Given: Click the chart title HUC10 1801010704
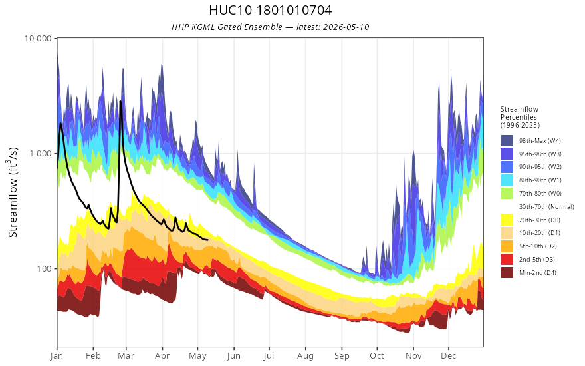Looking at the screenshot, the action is click(270, 10).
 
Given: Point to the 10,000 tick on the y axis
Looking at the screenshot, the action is click(38, 38).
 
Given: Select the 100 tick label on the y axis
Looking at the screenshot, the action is click(44, 269).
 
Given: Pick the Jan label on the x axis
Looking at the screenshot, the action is click(57, 356).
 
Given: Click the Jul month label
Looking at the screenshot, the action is click(269, 356).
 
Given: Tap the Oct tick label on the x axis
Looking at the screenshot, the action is click(377, 356).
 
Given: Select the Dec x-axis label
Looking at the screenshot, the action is click(449, 356).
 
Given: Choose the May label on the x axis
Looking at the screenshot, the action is click(197, 356).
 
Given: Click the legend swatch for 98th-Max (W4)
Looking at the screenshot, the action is click(507, 141).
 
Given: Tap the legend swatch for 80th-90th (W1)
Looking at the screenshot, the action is click(507, 180).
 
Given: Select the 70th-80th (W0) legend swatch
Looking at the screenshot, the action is click(507, 194).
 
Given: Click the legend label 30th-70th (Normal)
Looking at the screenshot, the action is click(546, 206).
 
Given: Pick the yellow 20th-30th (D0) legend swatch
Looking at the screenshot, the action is click(507, 220).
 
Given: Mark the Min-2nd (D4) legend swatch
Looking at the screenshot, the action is click(507, 272).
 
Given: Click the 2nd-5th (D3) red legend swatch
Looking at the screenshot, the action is click(507, 259).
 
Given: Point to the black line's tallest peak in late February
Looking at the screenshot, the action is click(120, 101).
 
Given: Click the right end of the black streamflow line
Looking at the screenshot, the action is click(207, 240).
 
